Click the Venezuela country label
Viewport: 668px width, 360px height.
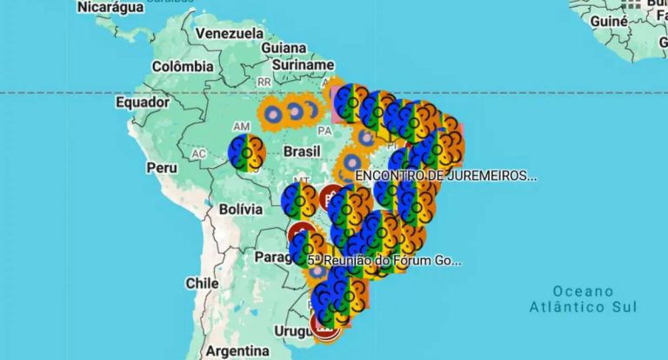pyautogui.click(x=229, y=33)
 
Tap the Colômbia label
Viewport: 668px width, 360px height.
pyautogui.click(x=183, y=66)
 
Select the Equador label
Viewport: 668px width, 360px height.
pyautogui.click(x=142, y=103)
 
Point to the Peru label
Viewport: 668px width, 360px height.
pyautogui.click(x=162, y=167)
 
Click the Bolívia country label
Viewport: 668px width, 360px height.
pyautogui.click(x=240, y=209)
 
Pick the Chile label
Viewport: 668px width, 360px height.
pyautogui.click(x=202, y=283)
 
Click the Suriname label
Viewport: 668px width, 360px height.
pyautogui.click(x=303, y=65)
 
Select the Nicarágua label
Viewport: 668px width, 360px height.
pyautogui.click(x=111, y=7)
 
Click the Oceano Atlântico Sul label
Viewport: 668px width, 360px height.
pyautogui.click(x=583, y=298)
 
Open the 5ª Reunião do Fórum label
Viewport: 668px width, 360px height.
pyautogui.click(x=384, y=260)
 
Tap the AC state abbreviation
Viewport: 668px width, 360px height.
pyautogui.click(x=199, y=154)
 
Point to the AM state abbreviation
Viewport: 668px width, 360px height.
pyautogui.click(x=241, y=126)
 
